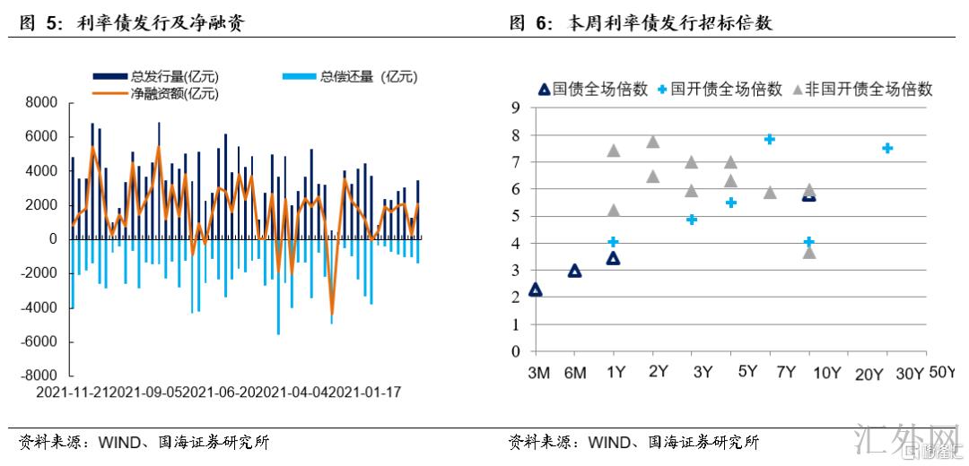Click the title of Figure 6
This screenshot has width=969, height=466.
click(641, 24)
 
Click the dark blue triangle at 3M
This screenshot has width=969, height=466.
click(536, 289)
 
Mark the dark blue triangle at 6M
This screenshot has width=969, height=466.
click(575, 271)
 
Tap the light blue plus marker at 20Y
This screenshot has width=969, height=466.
click(887, 148)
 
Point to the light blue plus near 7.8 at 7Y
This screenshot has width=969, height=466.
click(769, 139)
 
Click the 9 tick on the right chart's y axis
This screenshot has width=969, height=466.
click(516, 108)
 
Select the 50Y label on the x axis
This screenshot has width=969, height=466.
click(943, 372)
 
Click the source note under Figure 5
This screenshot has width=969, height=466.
click(144, 442)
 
